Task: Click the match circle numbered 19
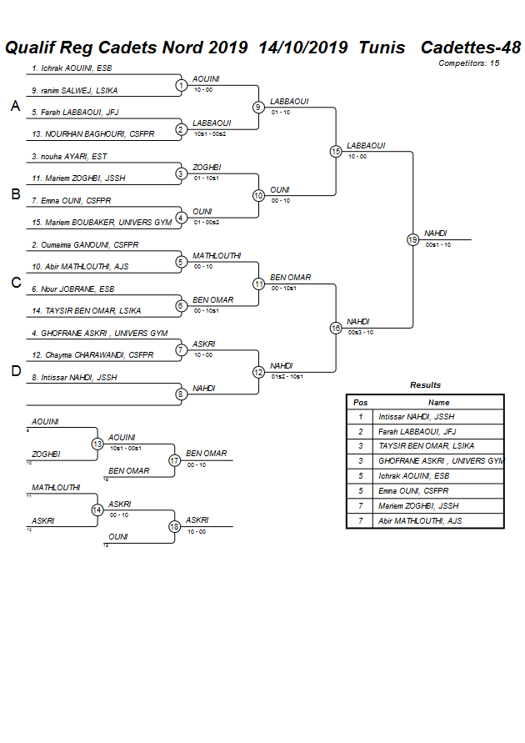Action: tap(412, 239)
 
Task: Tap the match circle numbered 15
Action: tap(336, 151)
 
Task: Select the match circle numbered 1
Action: tap(181, 85)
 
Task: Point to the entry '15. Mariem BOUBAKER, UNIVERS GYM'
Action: tap(101, 223)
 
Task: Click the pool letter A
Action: tap(15, 106)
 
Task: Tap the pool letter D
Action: tap(15, 371)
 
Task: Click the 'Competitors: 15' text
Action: tap(469, 63)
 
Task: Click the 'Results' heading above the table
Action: tap(425, 385)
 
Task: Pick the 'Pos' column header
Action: tap(361, 402)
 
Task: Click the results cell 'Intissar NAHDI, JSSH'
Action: tap(416, 416)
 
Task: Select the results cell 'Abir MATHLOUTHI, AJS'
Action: tap(420, 520)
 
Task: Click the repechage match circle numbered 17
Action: tap(175, 459)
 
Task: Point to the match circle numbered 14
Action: tap(97, 510)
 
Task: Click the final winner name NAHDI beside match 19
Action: tap(435, 233)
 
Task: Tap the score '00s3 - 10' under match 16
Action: tap(361, 332)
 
